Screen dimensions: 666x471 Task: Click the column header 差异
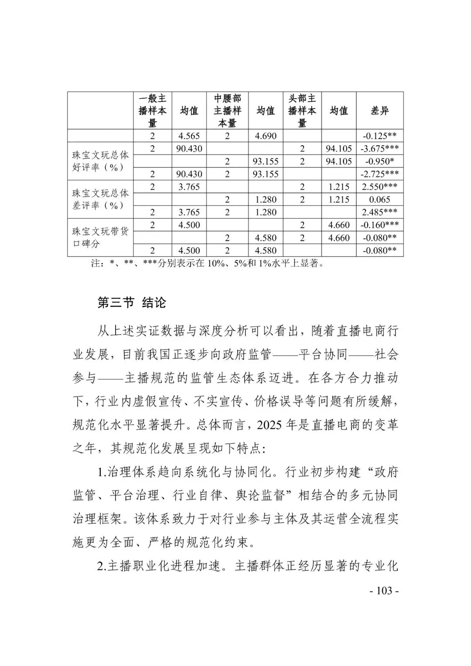click(379, 111)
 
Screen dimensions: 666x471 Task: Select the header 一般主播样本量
click(152, 111)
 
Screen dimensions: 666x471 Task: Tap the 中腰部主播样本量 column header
click(227, 111)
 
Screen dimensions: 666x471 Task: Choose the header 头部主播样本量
click(302, 111)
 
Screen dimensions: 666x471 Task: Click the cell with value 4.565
click(189, 136)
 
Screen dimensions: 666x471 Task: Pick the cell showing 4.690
click(265, 136)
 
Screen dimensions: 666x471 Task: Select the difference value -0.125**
click(379, 136)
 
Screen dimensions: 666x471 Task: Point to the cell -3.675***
click(379, 149)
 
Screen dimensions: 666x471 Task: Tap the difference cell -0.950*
click(379, 161)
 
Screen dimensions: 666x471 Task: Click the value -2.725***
click(379, 174)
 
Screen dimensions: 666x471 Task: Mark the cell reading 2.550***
click(379, 187)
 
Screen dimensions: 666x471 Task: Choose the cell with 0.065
click(379, 199)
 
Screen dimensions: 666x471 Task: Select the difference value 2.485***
click(379, 212)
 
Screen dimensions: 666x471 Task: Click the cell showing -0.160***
click(379, 225)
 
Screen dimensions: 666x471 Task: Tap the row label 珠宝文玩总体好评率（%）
click(100, 161)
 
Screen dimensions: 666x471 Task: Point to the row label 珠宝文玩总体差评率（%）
click(100, 199)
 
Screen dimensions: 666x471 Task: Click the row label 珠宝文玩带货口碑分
click(100, 238)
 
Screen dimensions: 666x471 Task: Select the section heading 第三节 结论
click(132, 303)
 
